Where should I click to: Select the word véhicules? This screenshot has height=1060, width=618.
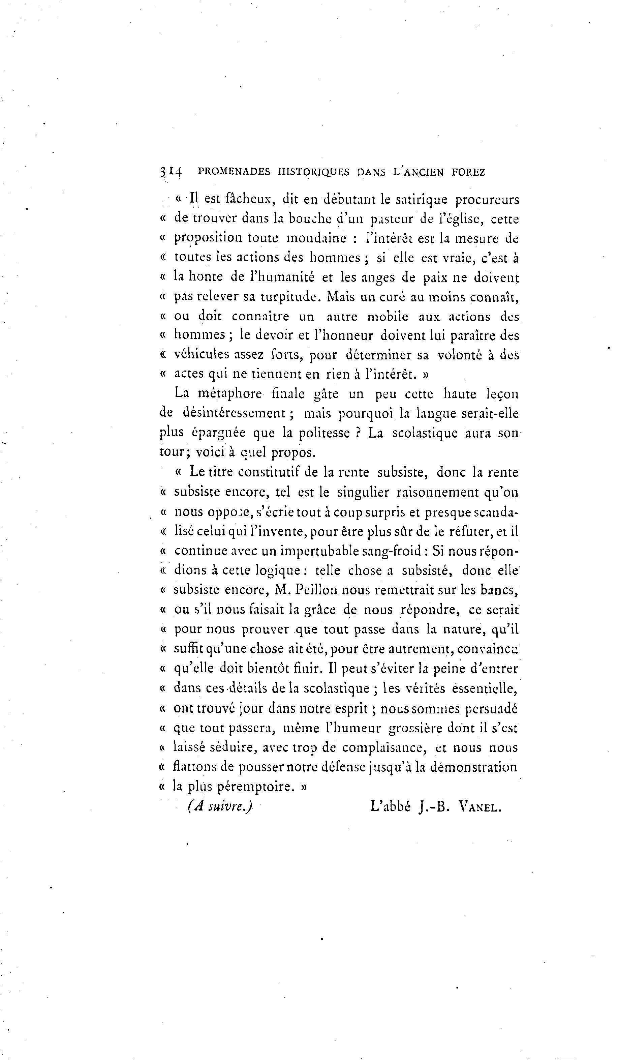pos(202,355)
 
